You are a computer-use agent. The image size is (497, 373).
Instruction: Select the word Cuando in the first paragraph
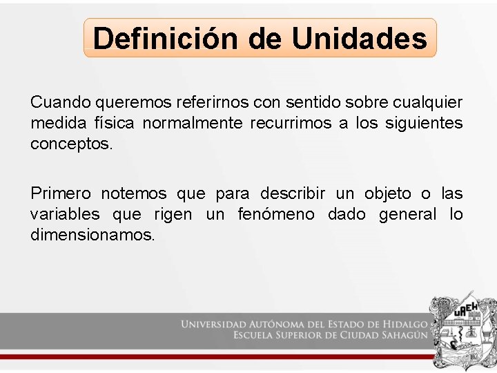(x=61, y=103)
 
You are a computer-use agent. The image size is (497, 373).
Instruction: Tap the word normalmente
(x=193, y=124)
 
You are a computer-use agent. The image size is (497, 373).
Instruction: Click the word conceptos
(x=70, y=144)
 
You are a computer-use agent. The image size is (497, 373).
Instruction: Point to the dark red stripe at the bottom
(x=207, y=356)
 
